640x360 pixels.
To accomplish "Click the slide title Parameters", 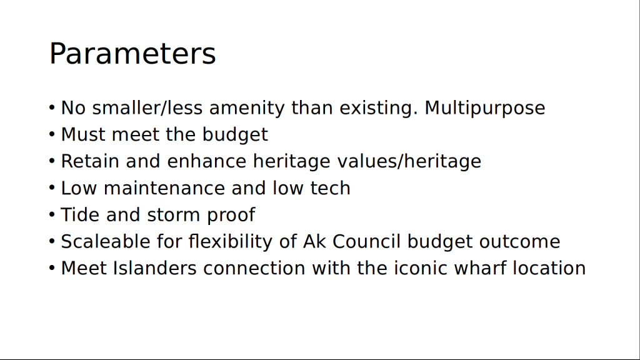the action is pos(132,54).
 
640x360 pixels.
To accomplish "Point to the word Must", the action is pos(83,134).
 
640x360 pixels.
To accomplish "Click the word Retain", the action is pos(90,161).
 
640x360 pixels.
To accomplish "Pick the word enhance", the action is pos(206,161).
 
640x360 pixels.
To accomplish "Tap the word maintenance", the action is pos(164,188).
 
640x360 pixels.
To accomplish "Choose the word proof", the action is pos(231,215).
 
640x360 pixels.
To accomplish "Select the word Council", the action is pos(366,241).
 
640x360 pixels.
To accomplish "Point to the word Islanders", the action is pos(155,268).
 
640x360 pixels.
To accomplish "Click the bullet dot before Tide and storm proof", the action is pos(52,215).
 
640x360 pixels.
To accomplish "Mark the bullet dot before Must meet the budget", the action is pos(52,134).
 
